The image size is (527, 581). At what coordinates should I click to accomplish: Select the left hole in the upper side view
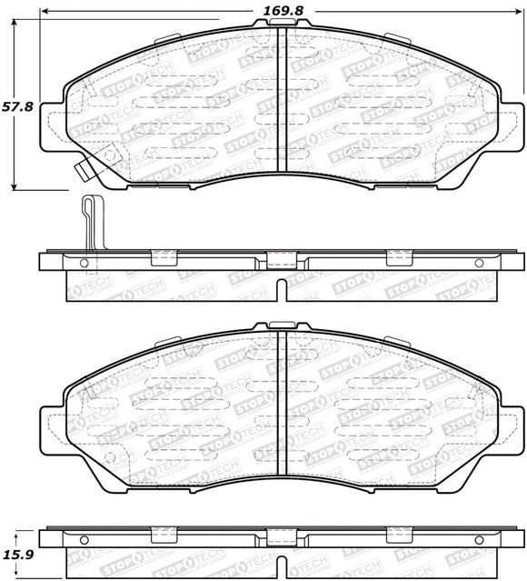tap(85, 263)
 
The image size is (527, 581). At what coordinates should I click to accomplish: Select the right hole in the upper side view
tap(480, 263)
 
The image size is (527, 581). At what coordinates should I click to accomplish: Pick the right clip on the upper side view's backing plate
tap(399, 256)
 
